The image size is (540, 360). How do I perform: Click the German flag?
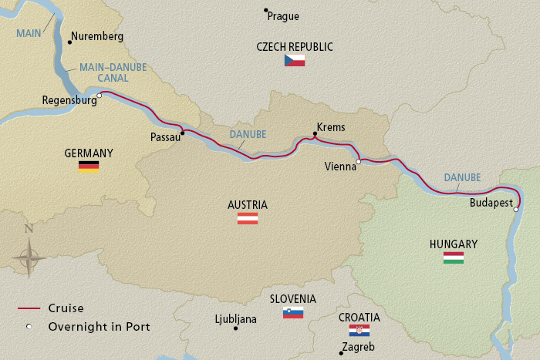(x=89, y=166)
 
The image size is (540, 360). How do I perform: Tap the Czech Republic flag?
(x=295, y=60)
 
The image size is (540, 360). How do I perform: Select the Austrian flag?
(x=247, y=218)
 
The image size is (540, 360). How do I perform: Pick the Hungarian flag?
(x=453, y=257)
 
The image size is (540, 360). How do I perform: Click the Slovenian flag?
(x=293, y=312)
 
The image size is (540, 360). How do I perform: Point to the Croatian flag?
(x=359, y=331)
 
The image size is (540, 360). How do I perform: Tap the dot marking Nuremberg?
(x=70, y=42)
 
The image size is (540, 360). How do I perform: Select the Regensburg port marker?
(x=100, y=96)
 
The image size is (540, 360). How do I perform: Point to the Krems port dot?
(x=315, y=135)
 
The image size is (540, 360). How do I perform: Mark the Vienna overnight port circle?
(x=358, y=162)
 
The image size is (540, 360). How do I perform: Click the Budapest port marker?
(x=516, y=208)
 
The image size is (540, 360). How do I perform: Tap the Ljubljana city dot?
(x=236, y=328)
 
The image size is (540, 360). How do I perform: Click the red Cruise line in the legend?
(x=29, y=308)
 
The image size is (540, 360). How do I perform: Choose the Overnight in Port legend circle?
(x=29, y=327)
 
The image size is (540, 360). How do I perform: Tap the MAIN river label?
(x=29, y=32)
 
